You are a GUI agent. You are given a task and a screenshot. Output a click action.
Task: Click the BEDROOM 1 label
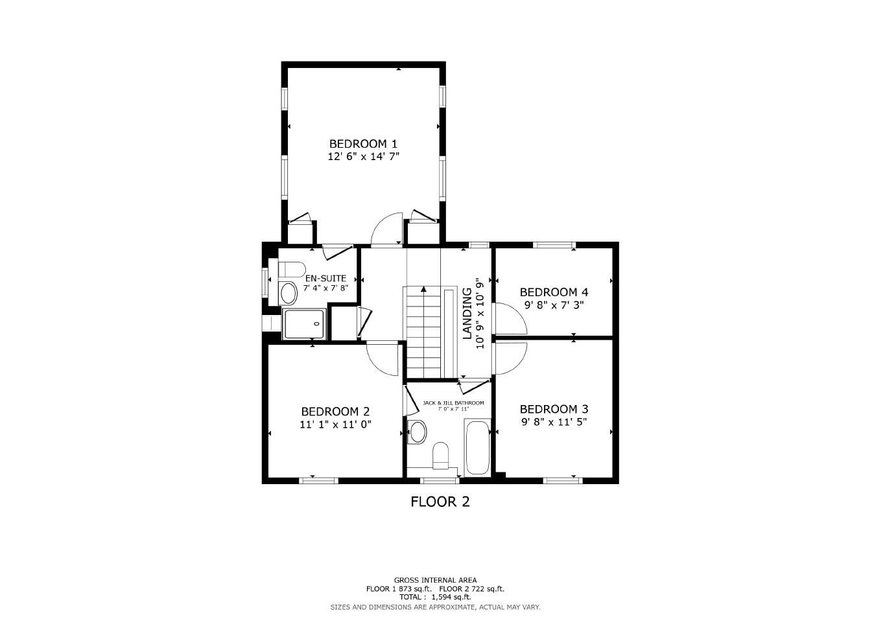pos(362,143)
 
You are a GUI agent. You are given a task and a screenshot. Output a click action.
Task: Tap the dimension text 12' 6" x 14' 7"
pos(362,156)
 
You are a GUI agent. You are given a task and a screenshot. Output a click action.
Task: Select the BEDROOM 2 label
pos(335,412)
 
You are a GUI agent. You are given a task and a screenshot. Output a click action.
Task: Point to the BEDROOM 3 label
pos(554,409)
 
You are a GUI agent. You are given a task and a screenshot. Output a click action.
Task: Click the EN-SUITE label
pos(325,278)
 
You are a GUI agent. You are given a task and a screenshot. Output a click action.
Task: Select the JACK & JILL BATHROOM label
pos(453,402)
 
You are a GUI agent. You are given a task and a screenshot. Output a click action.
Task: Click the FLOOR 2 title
pos(440,501)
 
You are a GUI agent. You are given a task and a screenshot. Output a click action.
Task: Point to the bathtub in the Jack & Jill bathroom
pos(478,448)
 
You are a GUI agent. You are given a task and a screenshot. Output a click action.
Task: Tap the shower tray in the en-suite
pos(303,323)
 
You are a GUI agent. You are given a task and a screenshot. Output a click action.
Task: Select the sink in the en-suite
pos(288,294)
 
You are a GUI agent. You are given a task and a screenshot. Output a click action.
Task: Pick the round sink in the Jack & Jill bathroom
pos(418,431)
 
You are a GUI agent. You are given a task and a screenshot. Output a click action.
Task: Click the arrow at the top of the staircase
pos(423,290)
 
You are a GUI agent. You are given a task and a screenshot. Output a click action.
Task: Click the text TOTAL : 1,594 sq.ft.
pos(434,597)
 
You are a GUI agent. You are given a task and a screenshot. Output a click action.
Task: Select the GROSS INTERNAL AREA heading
pos(435,580)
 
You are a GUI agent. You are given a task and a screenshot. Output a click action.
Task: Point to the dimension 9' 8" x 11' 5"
pos(554,422)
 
